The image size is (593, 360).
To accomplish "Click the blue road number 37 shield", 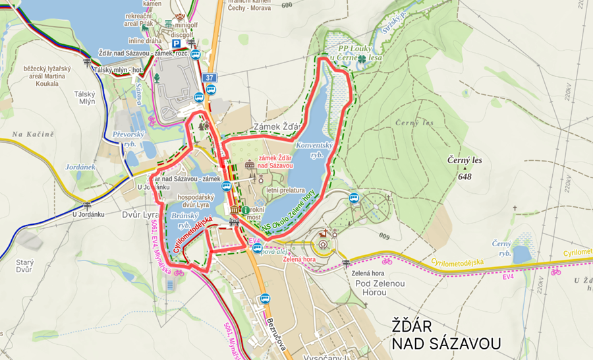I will [210, 78].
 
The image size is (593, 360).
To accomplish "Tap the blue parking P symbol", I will [176, 43].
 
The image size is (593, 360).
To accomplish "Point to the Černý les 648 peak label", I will [465, 167].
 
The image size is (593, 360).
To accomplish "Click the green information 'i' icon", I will [245, 210].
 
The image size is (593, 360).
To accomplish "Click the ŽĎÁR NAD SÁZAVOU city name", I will [446, 334].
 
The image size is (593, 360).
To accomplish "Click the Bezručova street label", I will [276, 330].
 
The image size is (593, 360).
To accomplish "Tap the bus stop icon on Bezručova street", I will [265, 299].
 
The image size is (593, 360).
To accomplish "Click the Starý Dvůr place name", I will [25, 265].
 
